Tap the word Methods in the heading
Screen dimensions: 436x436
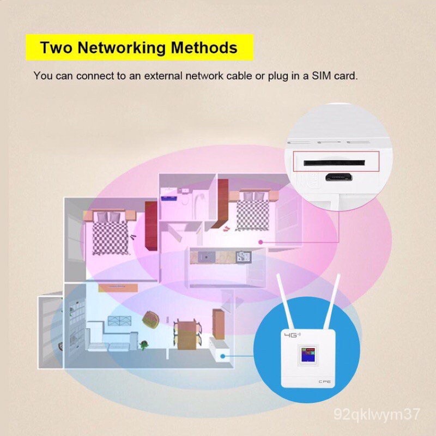204,47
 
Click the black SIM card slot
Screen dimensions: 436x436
334,162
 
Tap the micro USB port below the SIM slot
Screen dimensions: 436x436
339,177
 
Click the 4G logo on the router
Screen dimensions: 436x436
292,335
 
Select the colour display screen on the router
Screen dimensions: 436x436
308,354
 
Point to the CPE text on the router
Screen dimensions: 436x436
324,381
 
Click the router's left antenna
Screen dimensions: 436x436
285,302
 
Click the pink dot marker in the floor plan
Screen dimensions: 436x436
261,242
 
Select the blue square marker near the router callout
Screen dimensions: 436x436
223,356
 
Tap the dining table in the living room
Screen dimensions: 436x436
187,335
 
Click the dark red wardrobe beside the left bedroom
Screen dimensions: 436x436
151,226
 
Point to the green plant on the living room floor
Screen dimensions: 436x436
144,346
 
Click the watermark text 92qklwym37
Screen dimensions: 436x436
377,414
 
